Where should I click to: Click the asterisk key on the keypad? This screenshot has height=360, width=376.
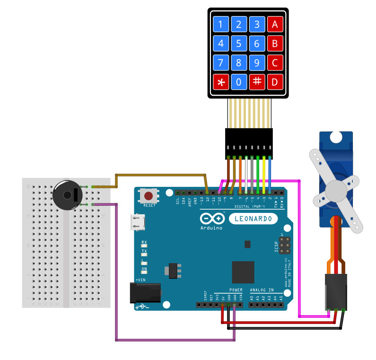(220, 82)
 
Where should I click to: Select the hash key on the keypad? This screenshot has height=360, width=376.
(257, 82)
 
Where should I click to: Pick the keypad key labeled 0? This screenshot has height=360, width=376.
(239, 82)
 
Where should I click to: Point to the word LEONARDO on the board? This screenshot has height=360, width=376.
(254, 219)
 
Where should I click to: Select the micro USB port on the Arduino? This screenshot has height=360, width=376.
(138, 222)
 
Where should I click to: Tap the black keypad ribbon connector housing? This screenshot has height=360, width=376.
(249, 143)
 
